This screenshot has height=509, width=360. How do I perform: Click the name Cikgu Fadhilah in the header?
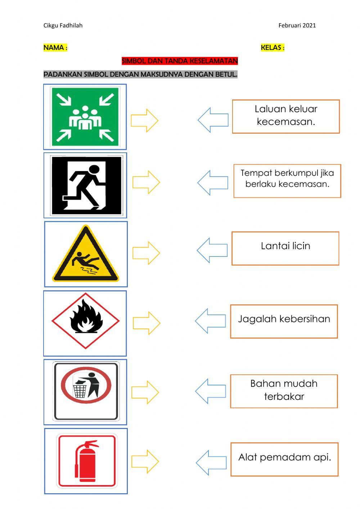(63, 25)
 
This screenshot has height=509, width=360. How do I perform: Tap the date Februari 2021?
(297, 25)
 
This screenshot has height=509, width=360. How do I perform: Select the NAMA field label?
(55, 48)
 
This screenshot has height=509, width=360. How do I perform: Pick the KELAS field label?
(273, 48)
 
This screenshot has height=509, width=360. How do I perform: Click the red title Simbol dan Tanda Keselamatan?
(180, 61)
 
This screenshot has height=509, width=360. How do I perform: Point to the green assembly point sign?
(85, 117)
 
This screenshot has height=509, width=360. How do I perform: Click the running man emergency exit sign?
(86, 185)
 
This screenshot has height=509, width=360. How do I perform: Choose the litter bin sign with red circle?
(86, 391)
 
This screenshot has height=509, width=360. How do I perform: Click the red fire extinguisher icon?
(86, 461)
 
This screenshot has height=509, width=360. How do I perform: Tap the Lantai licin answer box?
(285, 248)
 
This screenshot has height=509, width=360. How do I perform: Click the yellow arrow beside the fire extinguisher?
(145, 461)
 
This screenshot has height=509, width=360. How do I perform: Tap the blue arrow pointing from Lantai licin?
(212, 250)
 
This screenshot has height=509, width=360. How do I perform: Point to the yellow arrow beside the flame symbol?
(147, 323)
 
